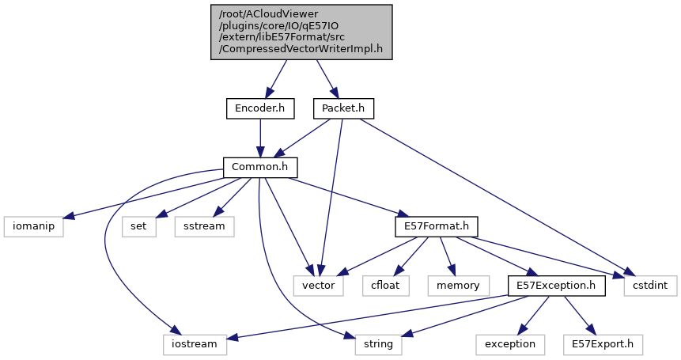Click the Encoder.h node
click(259, 108)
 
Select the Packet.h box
click(343, 108)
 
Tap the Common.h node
click(259, 168)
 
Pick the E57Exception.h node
click(556, 285)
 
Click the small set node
click(138, 226)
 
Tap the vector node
click(319, 285)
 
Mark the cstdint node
click(650, 285)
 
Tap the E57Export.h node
click(603, 344)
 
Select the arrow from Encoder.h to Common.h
click(259, 138)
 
